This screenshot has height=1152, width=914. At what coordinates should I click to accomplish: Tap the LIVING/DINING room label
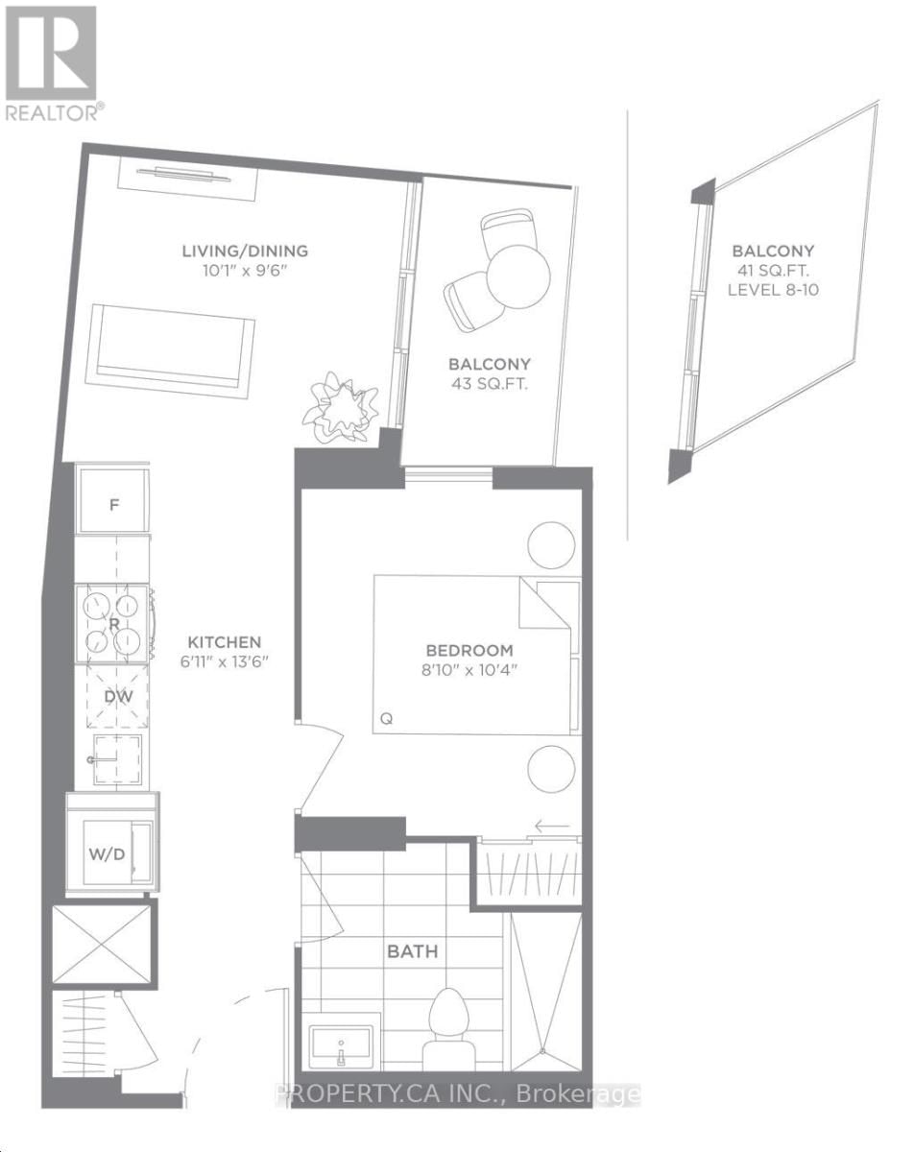(245, 252)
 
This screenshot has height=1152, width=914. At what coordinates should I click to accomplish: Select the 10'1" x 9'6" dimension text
(245, 272)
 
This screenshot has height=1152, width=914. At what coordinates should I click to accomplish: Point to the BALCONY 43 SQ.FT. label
(490, 373)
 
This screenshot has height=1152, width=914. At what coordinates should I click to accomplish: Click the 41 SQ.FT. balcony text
(774, 270)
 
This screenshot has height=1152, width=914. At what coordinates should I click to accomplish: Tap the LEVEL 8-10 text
(774, 289)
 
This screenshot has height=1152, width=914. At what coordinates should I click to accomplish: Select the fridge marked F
(113, 503)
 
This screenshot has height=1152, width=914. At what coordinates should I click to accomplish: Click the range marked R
(113, 622)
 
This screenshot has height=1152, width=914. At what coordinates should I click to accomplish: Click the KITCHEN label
(224, 642)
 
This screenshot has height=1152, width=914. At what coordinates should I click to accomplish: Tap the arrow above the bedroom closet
(552, 826)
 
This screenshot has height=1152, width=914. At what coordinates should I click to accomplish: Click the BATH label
(412, 952)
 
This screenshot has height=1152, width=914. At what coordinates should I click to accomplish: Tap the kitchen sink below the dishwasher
(113, 758)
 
